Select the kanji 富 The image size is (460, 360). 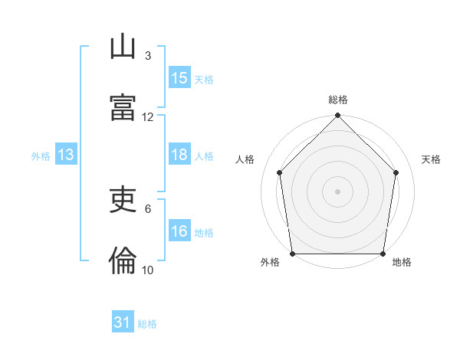tap(123, 107)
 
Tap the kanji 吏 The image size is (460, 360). tap(123, 199)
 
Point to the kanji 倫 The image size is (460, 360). tap(123, 260)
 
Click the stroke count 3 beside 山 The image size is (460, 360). tap(148, 56)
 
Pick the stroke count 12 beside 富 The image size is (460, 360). tap(147, 117)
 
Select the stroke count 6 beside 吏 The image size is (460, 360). tap(148, 209)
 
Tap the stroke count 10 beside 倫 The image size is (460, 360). tap(147, 270)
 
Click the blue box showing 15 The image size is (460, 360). tap(179, 77)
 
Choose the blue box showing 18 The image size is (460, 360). tap(179, 154)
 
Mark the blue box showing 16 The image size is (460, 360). tap(179, 230)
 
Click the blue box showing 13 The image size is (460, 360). tap(66, 154)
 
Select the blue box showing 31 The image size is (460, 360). tap(123, 321)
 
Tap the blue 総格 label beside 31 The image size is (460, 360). tap(147, 324)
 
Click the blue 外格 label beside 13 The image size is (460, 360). tap(41, 156)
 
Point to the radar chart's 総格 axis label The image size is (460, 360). tap(338, 100)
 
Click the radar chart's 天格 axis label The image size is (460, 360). tap(431, 159)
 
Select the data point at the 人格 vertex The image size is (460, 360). tap(280, 172)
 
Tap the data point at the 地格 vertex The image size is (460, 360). tap(383, 254)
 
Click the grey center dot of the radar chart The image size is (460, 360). tap(337, 191)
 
